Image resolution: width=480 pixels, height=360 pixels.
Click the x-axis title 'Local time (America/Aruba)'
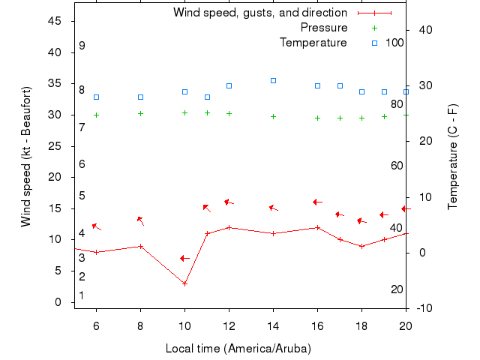pos(238,349)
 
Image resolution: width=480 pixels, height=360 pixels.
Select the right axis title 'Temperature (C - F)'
pos(454,156)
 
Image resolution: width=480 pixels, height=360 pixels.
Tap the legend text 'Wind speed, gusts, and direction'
pos(259,13)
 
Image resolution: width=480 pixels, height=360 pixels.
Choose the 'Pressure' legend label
pos(324,28)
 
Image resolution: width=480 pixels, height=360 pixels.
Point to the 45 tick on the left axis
pos(55,21)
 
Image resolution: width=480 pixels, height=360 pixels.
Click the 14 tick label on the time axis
pos(273,325)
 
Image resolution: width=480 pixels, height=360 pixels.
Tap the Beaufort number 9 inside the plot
pos(82,46)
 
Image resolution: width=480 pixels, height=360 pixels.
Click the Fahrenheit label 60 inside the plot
pos(397,166)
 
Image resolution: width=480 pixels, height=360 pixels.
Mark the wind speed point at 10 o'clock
pos(184,283)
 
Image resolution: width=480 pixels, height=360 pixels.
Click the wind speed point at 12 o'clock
pos(229,227)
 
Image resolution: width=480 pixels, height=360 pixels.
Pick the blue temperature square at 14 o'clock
pos(273,80)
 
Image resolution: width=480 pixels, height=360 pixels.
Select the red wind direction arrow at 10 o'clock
pos(184,259)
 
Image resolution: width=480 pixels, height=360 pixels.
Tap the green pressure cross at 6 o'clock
pos(96,115)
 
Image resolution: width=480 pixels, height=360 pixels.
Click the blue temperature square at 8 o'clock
pos(140,97)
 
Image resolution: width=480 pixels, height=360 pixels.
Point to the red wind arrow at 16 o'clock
pos(317,202)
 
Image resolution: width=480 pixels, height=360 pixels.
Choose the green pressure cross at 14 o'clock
pos(273,116)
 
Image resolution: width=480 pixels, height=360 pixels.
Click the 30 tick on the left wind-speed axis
pos(55,115)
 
